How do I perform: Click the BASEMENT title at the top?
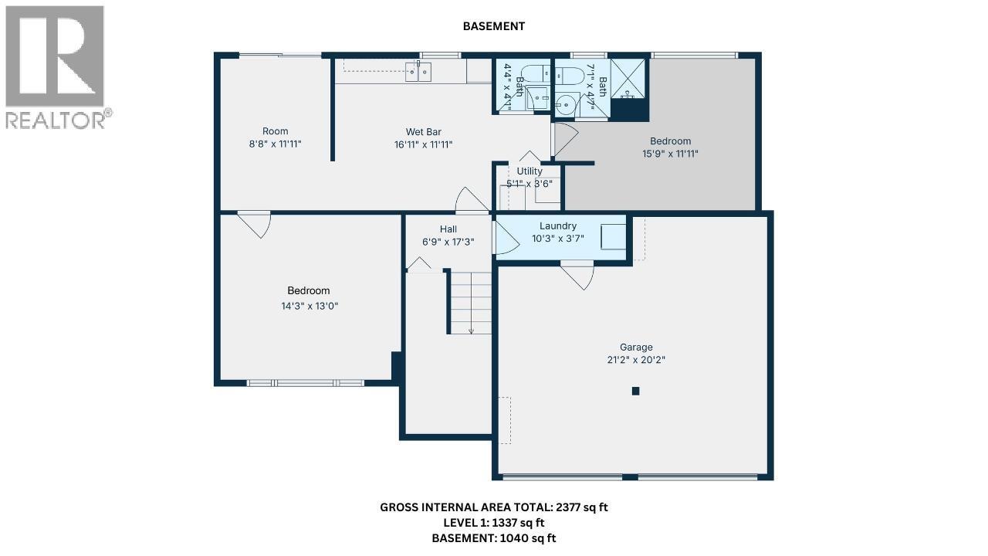click(x=493, y=26)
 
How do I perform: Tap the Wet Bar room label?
click(x=423, y=132)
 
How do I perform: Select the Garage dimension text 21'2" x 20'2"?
click(x=635, y=360)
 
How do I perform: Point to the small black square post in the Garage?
click(x=635, y=391)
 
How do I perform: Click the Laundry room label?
click(x=558, y=226)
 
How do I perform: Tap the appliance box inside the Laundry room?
click(x=613, y=236)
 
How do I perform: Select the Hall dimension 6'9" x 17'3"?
click(x=448, y=242)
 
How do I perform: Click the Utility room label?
click(x=530, y=171)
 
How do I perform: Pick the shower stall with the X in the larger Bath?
click(x=628, y=78)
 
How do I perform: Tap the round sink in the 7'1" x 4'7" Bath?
click(x=568, y=102)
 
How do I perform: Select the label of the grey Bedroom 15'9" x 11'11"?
click(x=670, y=141)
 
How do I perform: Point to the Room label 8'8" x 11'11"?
click(x=275, y=131)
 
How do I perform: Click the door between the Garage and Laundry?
click(x=577, y=276)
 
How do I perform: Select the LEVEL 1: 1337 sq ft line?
click(x=494, y=523)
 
